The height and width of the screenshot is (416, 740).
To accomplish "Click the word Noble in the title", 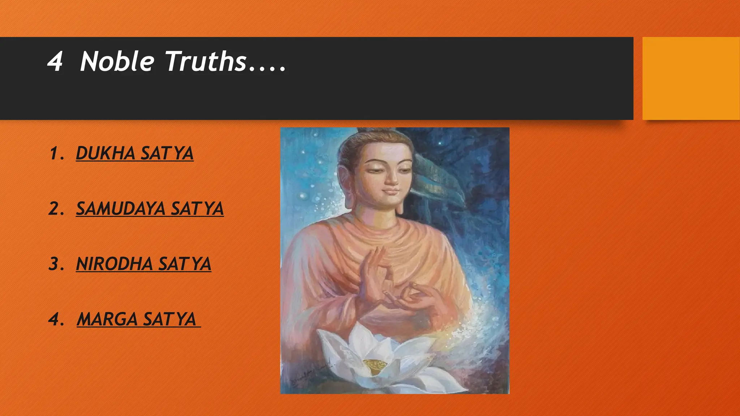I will click(117, 61).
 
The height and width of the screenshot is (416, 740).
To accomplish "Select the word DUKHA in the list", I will click(106, 153).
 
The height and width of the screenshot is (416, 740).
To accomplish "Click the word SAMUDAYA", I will click(121, 209).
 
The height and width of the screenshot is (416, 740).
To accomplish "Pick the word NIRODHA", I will click(114, 264).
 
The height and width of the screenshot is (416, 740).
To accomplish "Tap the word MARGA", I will click(107, 319).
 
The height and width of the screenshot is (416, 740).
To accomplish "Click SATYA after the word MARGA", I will click(170, 319).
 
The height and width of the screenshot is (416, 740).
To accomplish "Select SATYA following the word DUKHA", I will click(167, 153).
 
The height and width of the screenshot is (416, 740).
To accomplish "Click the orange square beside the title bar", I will click(690, 78).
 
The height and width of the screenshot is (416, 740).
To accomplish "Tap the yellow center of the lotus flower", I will click(375, 365).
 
